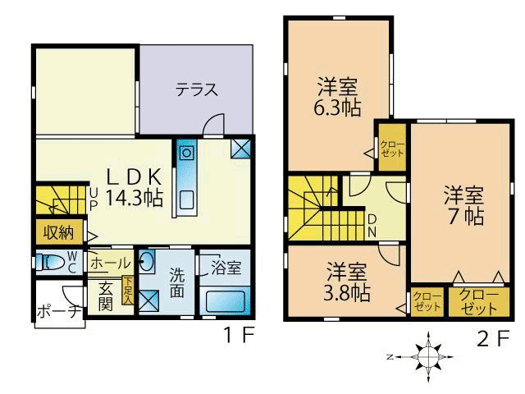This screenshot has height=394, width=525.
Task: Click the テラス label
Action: pyautogui.click(x=197, y=89)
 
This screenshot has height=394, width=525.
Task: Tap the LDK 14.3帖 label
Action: pyautogui.click(x=135, y=188)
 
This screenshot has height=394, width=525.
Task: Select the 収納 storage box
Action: pyautogui.click(x=59, y=231)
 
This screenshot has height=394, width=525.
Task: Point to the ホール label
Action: pyautogui.click(x=110, y=263)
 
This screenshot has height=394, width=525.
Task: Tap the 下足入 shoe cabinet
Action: pyautogui.click(x=128, y=291)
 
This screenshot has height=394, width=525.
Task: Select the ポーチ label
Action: pyautogui.click(x=59, y=312)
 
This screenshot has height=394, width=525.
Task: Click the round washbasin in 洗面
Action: pyautogui.click(x=147, y=261)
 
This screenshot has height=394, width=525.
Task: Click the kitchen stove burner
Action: pyautogui.click(x=186, y=153)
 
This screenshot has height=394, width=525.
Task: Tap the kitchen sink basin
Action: pyautogui.click(x=186, y=200)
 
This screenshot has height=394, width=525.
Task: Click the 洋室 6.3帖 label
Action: pyautogui.click(x=337, y=97)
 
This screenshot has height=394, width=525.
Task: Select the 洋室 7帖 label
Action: pyautogui.click(x=464, y=205)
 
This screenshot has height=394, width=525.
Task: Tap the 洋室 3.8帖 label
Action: pyautogui.click(x=346, y=282)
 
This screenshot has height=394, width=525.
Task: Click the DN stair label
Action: pyautogui.click(x=372, y=227)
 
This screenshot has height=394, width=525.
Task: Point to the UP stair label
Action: pyautogui.click(x=94, y=199)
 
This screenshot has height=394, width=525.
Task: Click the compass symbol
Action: pyautogui.click(x=428, y=357)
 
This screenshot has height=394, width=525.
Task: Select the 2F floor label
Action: pyautogui.click(x=493, y=339)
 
